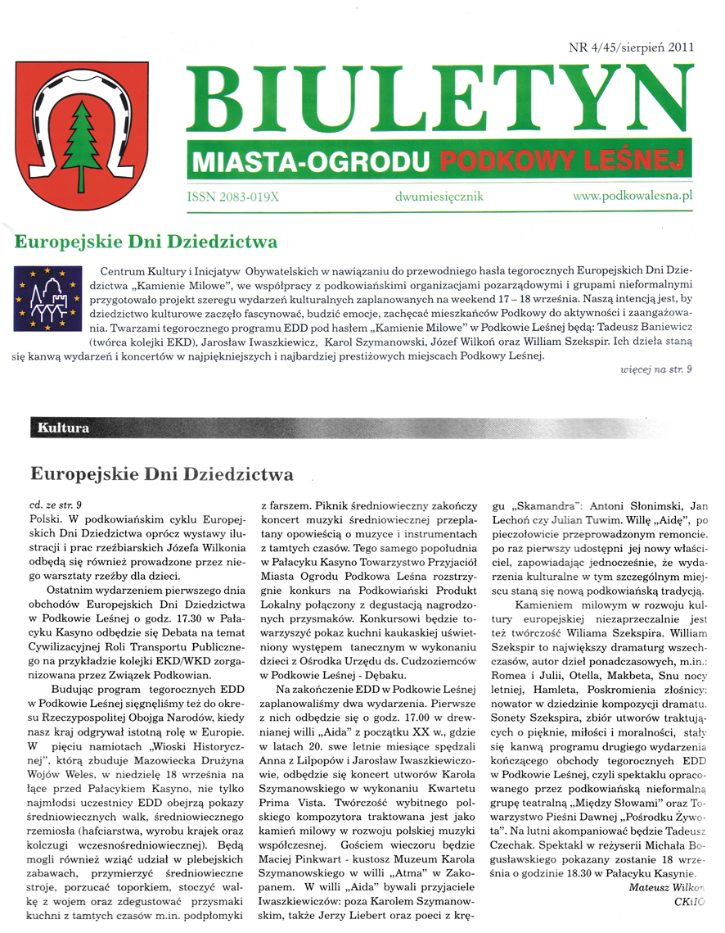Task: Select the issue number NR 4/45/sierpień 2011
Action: click(x=630, y=47)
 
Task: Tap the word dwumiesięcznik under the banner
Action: click(x=439, y=197)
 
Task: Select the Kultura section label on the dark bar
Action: click(x=64, y=428)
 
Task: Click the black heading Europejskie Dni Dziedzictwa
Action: click(x=161, y=474)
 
